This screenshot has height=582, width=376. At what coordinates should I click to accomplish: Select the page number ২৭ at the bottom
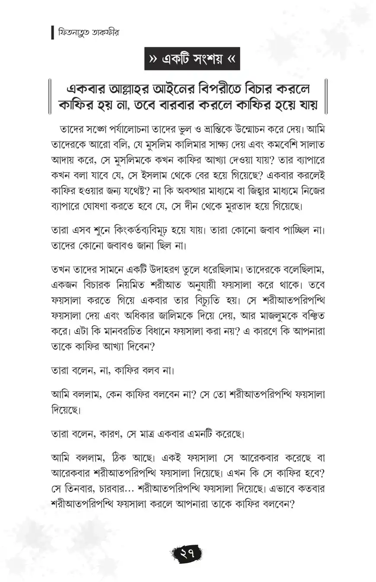click(188, 553)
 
